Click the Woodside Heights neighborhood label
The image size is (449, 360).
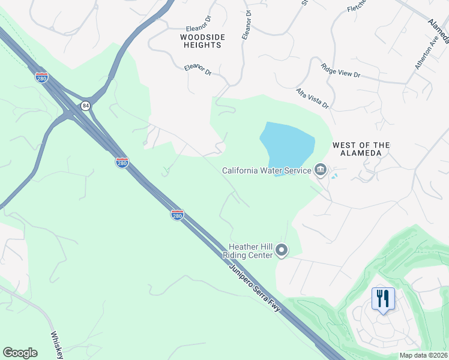coord(203,41)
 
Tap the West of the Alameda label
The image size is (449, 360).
coord(361,149)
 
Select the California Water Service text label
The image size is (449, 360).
coord(267,170)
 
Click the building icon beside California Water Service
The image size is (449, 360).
coord(321,170)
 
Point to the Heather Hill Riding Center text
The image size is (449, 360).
coord(251,251)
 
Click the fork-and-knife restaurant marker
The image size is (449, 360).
coord(382,298)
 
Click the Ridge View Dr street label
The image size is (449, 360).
coord(340,71)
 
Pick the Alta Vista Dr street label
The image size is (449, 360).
coord(312,98)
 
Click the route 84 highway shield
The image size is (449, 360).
coord(86,106)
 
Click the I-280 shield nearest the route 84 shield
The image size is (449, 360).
coord(41,78)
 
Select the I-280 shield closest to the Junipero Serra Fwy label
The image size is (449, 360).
coord(176,214)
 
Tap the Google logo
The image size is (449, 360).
coord(20,353)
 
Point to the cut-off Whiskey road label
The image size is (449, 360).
coord(56,344)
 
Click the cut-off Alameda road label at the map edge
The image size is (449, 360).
coord(438,30)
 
